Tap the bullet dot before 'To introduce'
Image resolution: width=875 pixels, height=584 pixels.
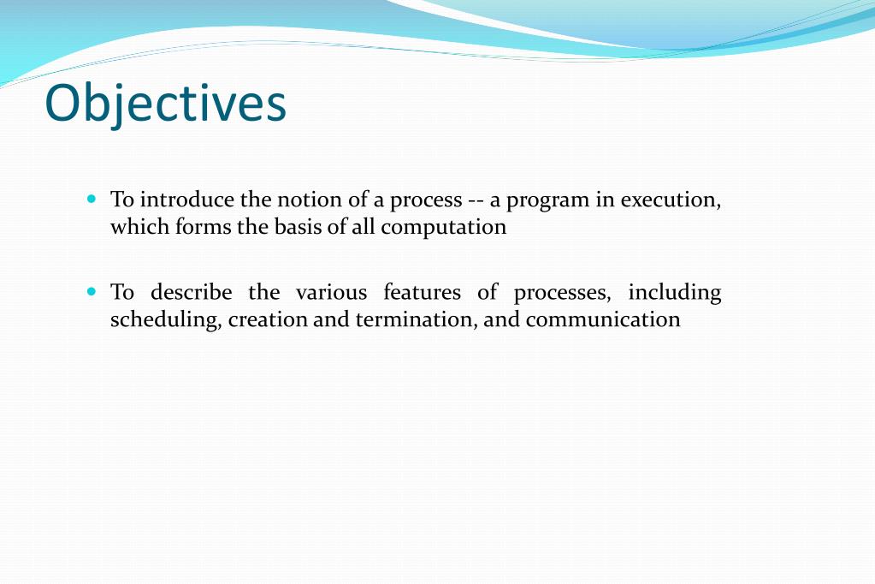pos(92,199)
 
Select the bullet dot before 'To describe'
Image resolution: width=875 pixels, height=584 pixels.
pos(92,291)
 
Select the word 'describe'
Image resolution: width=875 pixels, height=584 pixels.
pos(191,292)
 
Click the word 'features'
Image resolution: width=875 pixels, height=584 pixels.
pos(422,292)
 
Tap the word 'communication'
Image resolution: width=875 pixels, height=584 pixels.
pos(603,320)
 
